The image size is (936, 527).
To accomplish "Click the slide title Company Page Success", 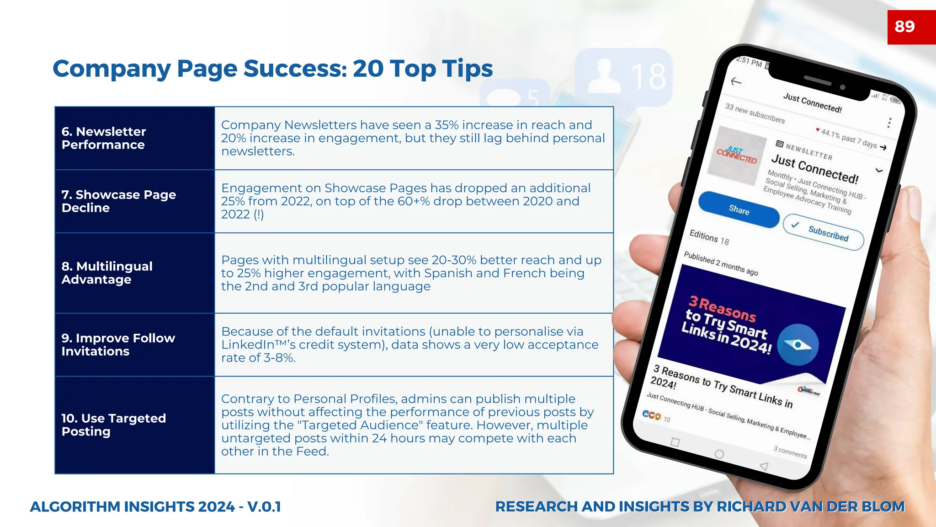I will pos(272,69).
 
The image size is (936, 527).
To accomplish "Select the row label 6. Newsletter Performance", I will pos(104,138).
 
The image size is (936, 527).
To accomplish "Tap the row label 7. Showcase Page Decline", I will pos(118,201).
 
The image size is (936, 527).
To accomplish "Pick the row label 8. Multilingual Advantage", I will pos(107,273).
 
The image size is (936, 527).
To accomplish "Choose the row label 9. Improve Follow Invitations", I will pos(118,344).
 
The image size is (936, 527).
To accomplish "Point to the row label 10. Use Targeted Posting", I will pos(113,425).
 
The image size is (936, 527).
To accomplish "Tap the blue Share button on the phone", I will pos(739,210).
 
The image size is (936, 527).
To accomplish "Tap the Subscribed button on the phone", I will pos(823,232).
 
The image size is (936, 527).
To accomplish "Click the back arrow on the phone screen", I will pos(736,81).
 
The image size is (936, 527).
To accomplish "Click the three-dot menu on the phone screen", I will pos(889,123).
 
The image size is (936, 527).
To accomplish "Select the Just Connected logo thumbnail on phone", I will pos(737,156).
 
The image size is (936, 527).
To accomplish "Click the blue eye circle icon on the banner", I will pos(798,344).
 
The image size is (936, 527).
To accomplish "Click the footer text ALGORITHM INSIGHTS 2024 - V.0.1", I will pos(155,507).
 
